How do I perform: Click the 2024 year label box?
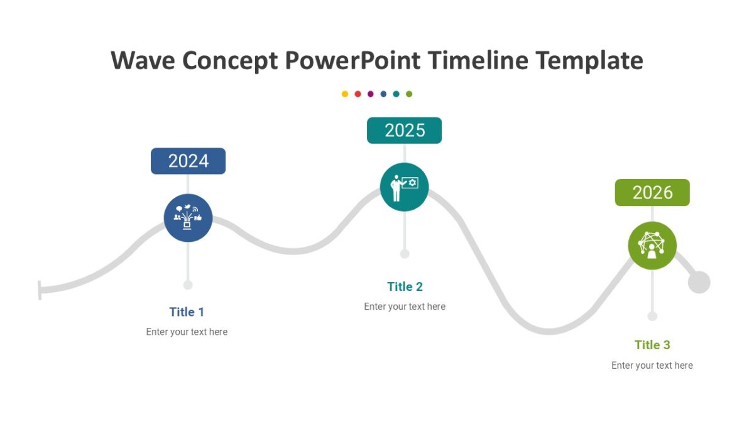(x=188, y=161)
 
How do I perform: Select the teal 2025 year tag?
(x=404, y=130)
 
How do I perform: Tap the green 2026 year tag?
(x=652, y=192)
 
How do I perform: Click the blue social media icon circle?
(x=188, y=217)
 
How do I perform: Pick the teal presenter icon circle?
(x=404, y=187)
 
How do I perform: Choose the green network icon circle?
(x=652, y=246)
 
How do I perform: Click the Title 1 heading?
(x=187, y=312)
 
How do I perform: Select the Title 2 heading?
(x=405, y=286)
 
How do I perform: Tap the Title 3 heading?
(x=652, y=344)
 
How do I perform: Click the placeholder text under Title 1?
(x=187, y=332)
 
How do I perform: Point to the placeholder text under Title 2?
(x=405, y=307)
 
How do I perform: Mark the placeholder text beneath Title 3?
(x=652, y=365)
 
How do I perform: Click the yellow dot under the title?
(x=345, y=94)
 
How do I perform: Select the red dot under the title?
(x=358, y=94)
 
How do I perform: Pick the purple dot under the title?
(x=370, y=94)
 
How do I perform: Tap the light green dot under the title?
(x=409, y=94)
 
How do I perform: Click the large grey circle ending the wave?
(x=699, y=282)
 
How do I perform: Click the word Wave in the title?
(x=143, y=61)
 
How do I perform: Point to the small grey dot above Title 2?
(x=405, y=254)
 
